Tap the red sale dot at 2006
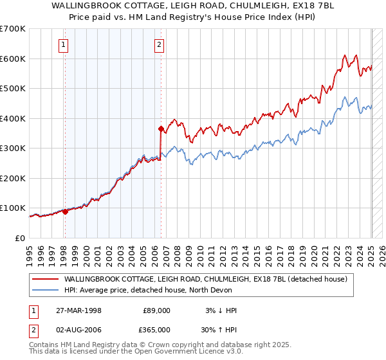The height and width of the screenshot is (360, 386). [160, 129]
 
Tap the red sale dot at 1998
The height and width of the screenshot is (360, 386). [65, 211]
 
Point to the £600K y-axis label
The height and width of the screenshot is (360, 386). [12, 59]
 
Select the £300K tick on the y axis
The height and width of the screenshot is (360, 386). [12, 148]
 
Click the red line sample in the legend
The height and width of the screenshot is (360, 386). [46, 279]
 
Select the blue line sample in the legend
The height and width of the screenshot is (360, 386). [46, 290]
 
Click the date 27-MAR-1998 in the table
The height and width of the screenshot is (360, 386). [73, 310]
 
